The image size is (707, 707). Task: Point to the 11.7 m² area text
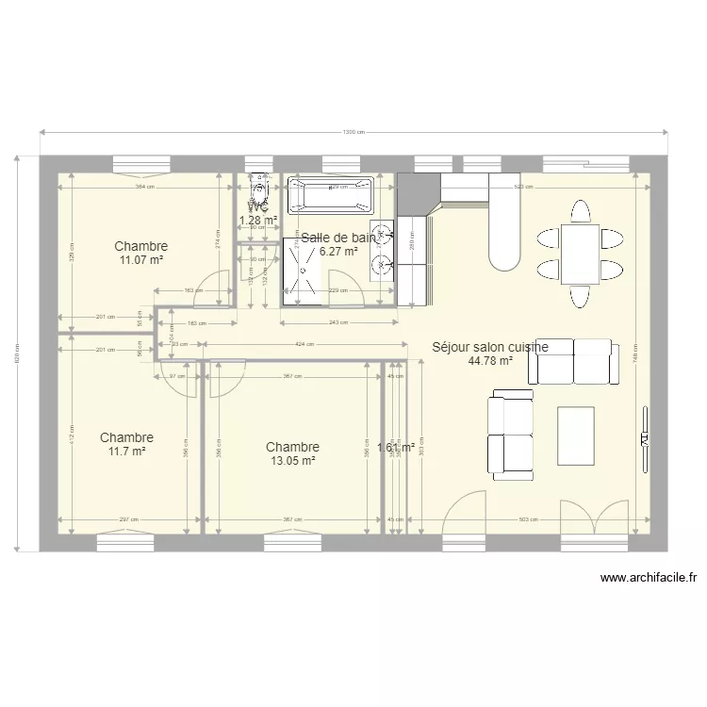pos(125,452)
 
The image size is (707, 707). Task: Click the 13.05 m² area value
pos(291,461)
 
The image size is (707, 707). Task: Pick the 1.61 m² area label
pos(396,449)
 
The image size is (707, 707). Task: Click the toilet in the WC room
pos(258,191)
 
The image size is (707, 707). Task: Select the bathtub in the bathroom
pos(331,196)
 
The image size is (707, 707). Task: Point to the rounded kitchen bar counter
pos(506,226)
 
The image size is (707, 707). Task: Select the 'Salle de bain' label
pos(337,238)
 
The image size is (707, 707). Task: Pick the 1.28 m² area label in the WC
pos(258,221)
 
